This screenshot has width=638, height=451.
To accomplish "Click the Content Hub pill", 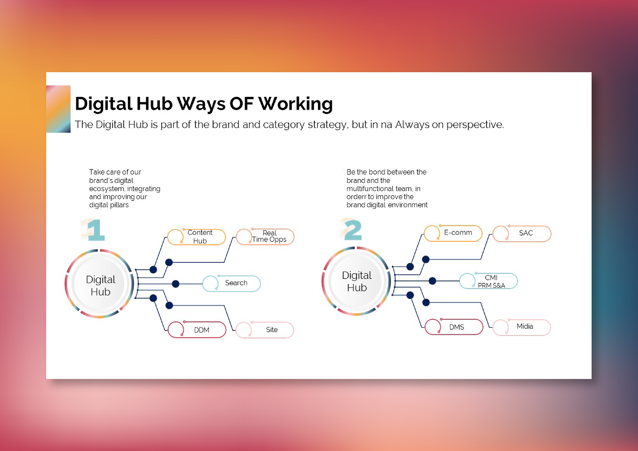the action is (x=197, y=237).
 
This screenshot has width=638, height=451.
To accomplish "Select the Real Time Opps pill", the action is (x=265, y=237).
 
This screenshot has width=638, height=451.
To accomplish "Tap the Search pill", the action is (x=232, y=283).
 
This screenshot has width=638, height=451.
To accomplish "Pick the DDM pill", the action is (x=197, y=329).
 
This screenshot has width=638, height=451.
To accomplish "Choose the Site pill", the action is (x=265, y=330).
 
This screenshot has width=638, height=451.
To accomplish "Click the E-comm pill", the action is (x=453, y=233).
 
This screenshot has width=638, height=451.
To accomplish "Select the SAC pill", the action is (x=522, y=233).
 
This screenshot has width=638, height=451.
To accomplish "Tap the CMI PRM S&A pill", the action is (x=488, y=281).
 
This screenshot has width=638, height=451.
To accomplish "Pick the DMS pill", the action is (x=454, y=326).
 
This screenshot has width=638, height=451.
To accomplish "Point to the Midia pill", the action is (x=522, y=327).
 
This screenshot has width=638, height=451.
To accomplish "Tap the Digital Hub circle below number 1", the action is (x=100, y=284).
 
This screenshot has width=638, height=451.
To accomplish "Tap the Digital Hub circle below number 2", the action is (x=357, y=281).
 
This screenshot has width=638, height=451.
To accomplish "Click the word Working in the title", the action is (x=296, y=104).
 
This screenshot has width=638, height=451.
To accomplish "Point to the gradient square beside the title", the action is (x=58, y=109).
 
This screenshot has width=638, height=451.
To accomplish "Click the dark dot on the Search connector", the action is (x=175, y=284).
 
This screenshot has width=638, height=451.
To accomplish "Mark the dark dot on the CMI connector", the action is (x=432, y=281).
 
